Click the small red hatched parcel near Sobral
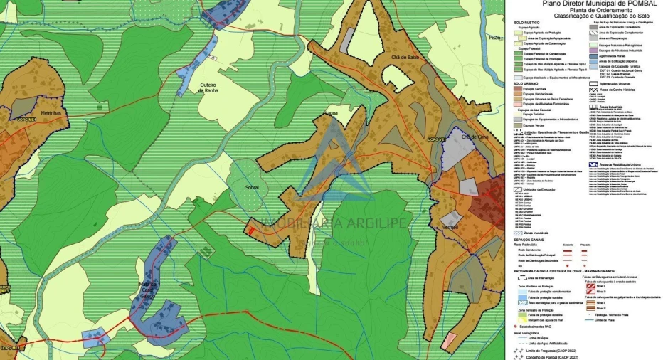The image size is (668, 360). pos(250,229)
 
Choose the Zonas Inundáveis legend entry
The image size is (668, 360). pos(536,233)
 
